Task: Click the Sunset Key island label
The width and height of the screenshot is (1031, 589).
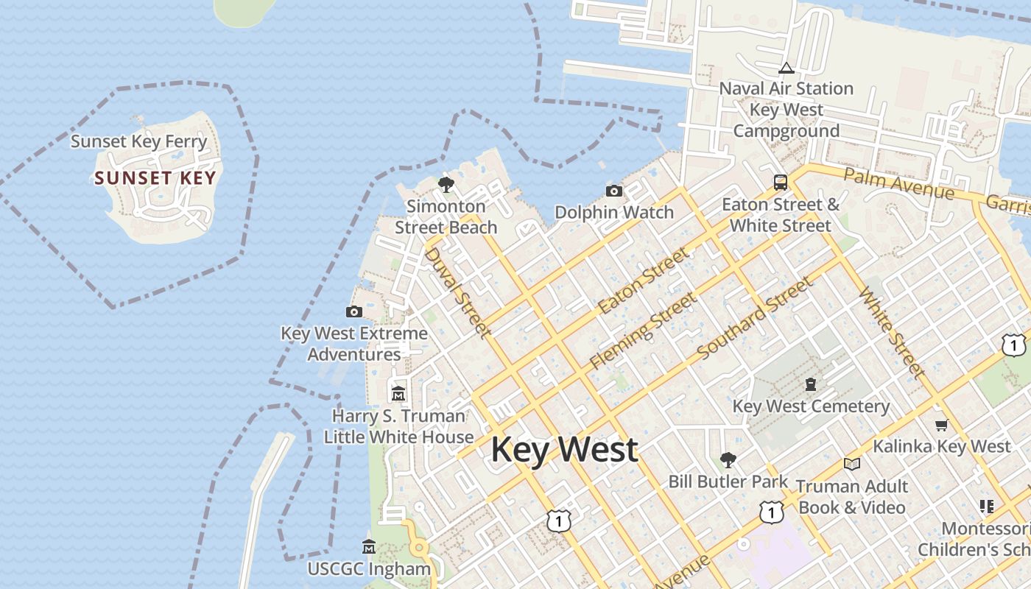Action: (x=155, y=178)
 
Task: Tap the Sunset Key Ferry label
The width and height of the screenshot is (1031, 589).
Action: (x=138, y=141)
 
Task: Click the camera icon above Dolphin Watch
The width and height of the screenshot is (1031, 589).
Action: (x=614, y=191)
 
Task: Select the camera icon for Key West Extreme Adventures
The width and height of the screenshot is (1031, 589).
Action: (x=354, y=312)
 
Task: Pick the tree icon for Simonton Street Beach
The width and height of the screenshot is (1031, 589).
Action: (x=446, y=184)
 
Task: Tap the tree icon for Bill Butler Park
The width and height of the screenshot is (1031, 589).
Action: (x=728, y=460)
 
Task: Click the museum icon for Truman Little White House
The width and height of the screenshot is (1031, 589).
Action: (x=398, y=394)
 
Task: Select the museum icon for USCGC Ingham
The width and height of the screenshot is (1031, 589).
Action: (x=369, y=547)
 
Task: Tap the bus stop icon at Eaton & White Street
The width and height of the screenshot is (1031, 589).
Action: (x=780, y=182)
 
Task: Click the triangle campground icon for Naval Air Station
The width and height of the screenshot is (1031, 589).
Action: (x=786, y=68)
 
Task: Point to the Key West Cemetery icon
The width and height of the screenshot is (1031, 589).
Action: (x=811, y=384)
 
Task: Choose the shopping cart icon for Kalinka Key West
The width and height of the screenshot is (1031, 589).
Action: (x=941, y=425)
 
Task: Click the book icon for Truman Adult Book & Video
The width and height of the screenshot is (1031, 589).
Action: (x=852, y=465)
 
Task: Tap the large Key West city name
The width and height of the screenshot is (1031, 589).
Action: (x=564, y=449)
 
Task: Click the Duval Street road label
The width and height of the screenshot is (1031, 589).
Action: (x=458, y=292)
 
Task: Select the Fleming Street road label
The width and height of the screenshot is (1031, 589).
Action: (x=643, y=330)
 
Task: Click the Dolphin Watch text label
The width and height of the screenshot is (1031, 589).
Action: (x=614, y=213)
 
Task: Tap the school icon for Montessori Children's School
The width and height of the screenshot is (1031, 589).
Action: (x=987, y=507)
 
